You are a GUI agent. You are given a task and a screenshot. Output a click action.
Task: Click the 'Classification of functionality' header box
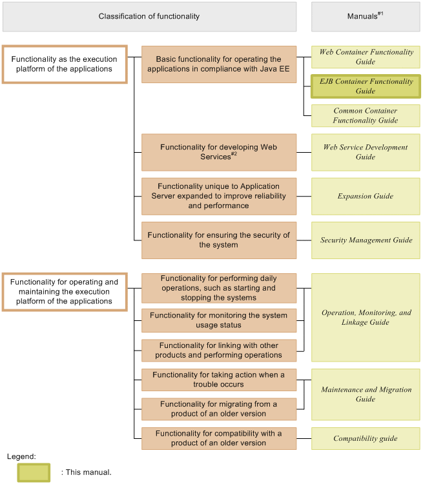(x=149, y=16)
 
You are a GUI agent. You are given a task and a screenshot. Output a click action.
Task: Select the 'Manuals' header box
(x=366, y=16)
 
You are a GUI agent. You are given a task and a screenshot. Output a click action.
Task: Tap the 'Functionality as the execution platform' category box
(x=65, y=64)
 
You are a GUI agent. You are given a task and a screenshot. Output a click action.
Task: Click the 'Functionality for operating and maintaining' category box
(x=65, y=291)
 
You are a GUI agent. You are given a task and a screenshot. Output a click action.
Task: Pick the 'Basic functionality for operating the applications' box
(x=219, y=64)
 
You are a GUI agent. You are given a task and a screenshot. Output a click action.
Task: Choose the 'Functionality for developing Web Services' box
(x=219, y=152)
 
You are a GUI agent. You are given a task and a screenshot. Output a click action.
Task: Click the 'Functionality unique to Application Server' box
(x=219, y=196)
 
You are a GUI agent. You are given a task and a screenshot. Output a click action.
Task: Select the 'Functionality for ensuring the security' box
(x=219, y=240)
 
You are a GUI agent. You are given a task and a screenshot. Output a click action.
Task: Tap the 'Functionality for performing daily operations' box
(x=219, y=288)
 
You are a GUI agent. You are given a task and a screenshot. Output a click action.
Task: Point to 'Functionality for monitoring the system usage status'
(x=219, y=320)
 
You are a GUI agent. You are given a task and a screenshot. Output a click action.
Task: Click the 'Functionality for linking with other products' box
(x=219, y=350)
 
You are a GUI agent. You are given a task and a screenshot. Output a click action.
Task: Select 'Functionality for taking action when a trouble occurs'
(x=219, y=379)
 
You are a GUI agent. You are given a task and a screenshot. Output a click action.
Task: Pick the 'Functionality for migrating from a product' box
(x=219, y=409)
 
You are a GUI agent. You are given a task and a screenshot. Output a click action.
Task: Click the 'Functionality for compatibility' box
(x=219, y=438)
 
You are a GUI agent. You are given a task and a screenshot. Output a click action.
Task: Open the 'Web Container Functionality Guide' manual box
(x=366, y=57)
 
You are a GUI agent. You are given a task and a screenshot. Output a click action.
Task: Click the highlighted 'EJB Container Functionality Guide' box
(x=366, y=86)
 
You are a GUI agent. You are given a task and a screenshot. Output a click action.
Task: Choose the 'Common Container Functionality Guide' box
(x=366, y=115)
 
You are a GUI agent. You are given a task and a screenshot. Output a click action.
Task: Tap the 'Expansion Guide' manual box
(x=366, y=196)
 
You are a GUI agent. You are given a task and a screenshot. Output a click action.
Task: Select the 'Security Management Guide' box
(x=366, y=240)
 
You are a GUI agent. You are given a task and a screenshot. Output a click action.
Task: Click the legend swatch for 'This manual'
(x=34, y=472)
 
